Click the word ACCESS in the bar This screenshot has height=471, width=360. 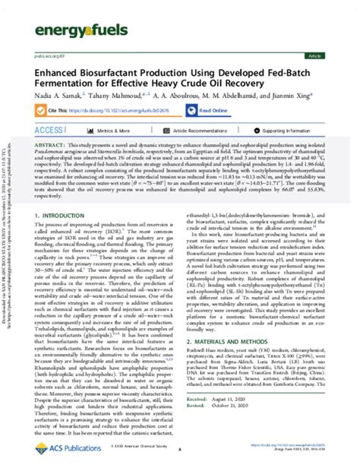(x=52, y=131)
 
